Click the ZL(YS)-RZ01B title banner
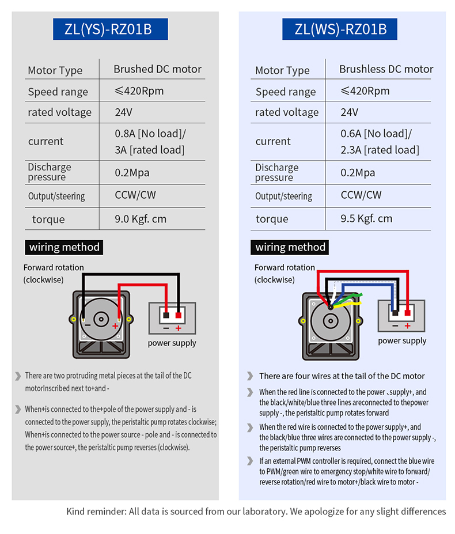pos(111,29)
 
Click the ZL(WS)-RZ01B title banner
pos(340,29)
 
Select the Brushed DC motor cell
pos(157,69)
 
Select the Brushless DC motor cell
pos(386,69)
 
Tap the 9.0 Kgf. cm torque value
pos(141,218)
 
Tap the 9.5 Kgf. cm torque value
pos(366,218)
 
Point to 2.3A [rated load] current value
pos(380,150)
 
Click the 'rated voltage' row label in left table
pos(59,112)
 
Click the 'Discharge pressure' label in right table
pos(276,172)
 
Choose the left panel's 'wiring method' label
pos(65,248)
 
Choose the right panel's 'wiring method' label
pos(290,248)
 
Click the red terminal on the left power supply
pos(179,315)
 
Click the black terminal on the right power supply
pos(396,313)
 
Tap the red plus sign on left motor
pos(115,326)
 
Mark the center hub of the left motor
pos(102,319)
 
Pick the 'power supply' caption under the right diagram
pos(402,340)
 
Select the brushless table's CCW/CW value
pos(361,195)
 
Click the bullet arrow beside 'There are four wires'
pos(250,376)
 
